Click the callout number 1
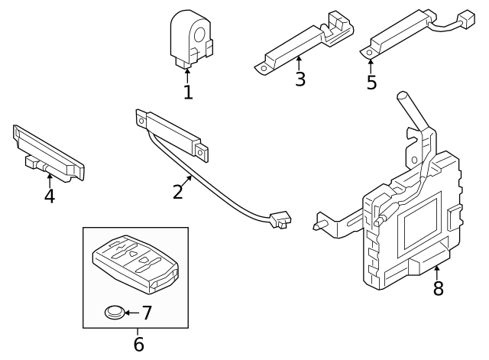188,92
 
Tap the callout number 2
178,190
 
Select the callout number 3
300,78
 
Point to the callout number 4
49,196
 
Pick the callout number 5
371,82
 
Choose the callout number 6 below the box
138,343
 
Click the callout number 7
147,313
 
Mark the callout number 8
438,288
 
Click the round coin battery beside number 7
114,312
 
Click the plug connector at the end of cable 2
280,221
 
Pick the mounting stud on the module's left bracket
319,225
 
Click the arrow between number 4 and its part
49,179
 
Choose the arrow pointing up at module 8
437,270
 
